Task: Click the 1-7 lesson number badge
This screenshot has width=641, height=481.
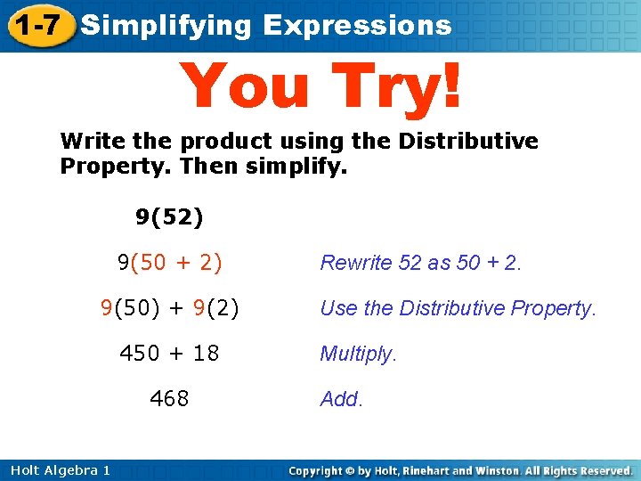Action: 37,25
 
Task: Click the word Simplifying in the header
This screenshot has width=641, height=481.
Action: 166,25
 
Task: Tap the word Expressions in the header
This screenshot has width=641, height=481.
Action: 357,25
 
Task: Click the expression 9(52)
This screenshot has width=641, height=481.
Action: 169,216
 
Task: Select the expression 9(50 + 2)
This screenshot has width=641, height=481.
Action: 169,262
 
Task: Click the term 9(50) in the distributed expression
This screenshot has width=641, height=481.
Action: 131,308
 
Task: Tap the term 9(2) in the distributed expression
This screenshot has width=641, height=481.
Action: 214,308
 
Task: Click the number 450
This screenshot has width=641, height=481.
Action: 140,354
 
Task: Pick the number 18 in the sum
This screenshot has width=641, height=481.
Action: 206,354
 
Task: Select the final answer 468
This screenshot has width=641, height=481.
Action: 169,399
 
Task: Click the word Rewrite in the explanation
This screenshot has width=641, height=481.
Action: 356,263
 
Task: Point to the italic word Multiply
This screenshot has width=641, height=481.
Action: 358,355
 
